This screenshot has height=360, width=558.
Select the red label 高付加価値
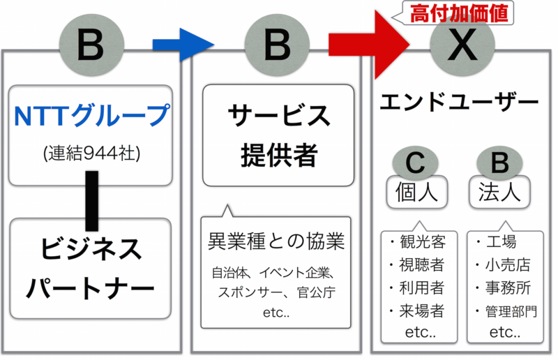point(458,13)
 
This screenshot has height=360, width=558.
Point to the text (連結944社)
point(91,153)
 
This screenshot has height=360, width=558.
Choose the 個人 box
point(416,193)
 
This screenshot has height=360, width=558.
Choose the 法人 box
point(500,193)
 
